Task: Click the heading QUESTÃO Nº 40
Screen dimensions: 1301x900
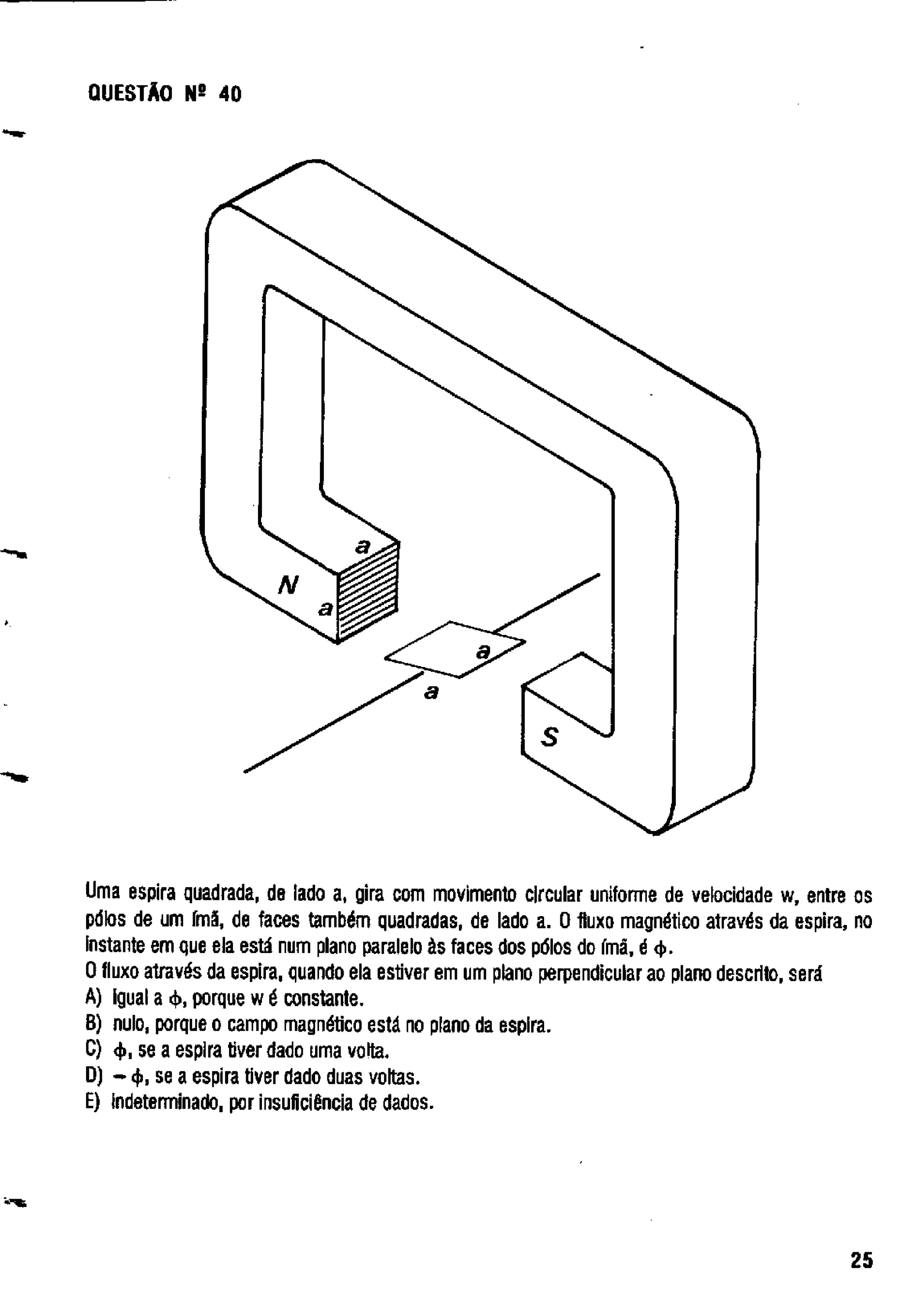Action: point(165,94)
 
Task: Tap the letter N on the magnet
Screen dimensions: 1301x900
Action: point(287,586)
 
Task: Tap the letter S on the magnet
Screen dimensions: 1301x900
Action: point(549,737)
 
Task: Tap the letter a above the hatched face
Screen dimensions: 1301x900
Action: point(363,546)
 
